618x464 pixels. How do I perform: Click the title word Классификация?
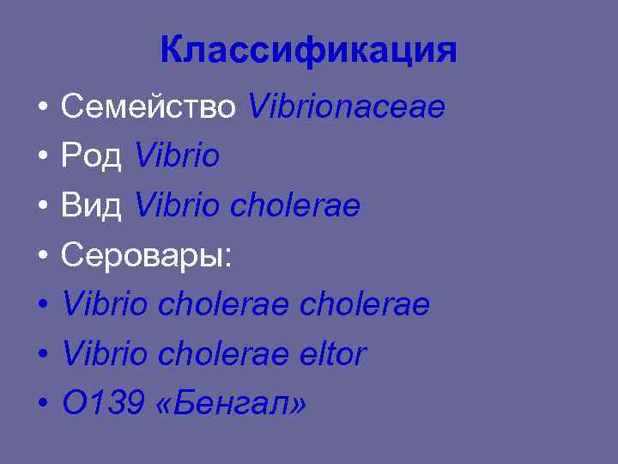[x=308, y=51]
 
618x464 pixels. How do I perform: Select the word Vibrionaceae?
[x=347, y=107]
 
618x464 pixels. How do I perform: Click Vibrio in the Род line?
[x=178, y=156]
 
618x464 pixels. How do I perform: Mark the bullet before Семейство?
[x=41, y=109]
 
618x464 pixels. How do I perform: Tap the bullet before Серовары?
[x=41, y=257]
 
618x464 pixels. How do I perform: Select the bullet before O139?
[x=41, y=405]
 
